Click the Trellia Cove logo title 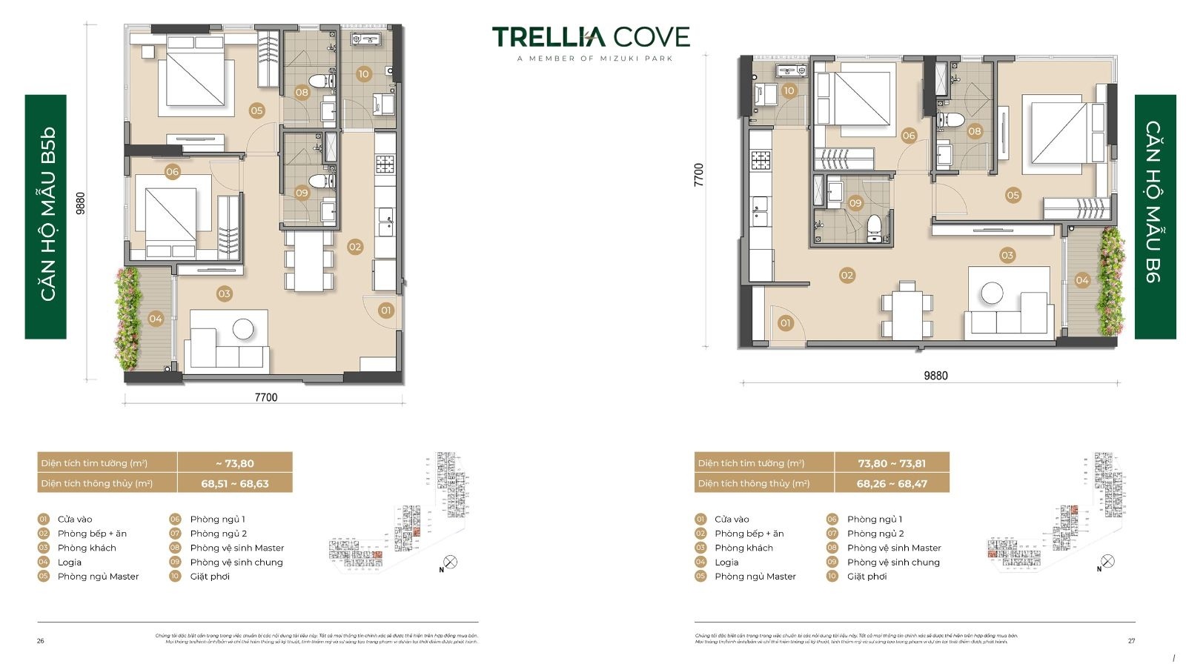coord(591,36)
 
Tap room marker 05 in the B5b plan coord(256,110)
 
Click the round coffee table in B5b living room coord(242,328)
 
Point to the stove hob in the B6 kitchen coord(761,159)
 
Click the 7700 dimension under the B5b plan coord(265,397)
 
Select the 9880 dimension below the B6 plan coord(935,376)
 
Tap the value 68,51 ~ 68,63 coord(235,483)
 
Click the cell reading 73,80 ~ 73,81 coord(892,463)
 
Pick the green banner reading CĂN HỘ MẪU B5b coord(46,216)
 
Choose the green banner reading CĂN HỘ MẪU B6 coord(1155,216)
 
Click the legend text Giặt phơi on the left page coord(210,577)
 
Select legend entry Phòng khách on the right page coord(743,548)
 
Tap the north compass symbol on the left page coord(449,563)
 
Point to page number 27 coord(1131,641)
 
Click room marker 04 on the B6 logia coord(1082,280)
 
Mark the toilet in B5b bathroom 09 coord(322,180)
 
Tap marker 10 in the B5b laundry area coord(363,74)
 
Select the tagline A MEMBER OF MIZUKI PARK coord(594,59)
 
